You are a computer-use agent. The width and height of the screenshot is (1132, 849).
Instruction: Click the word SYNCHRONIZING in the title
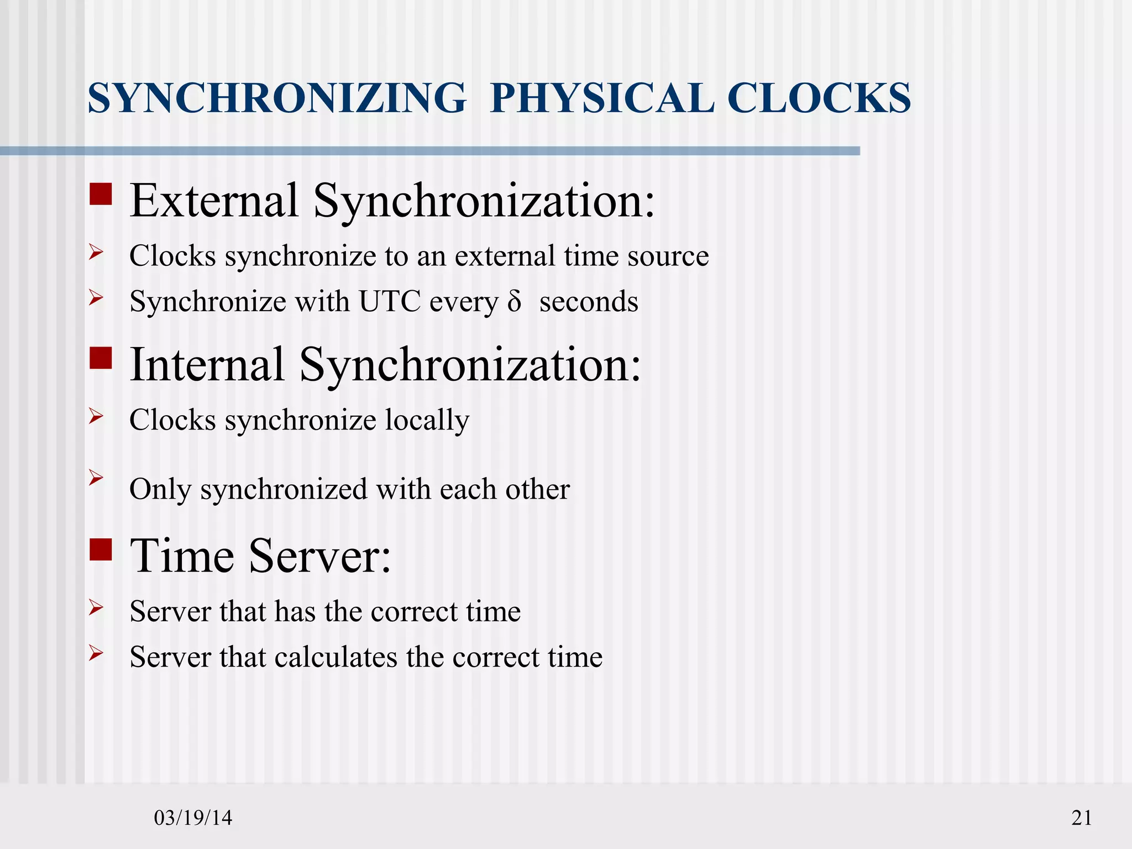click(x=276, y=98)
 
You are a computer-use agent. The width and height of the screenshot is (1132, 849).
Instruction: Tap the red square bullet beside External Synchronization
click(x=101, y=195)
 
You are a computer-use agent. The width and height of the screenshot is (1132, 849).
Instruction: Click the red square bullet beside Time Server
click(x=101, y=550)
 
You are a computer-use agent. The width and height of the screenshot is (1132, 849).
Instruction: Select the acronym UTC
click(x=389, y=302)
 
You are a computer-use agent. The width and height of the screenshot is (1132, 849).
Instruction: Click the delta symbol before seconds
click(x=514, y=302)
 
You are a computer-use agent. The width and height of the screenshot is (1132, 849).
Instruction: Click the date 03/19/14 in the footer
click(x=193, y=817)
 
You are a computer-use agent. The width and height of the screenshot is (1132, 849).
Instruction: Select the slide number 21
click(x=1082, y=817)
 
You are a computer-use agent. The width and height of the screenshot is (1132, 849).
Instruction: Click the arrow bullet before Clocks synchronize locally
click(x=96, y=416)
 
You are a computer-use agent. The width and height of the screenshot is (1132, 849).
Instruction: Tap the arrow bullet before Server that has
click(x=96, y=608)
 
